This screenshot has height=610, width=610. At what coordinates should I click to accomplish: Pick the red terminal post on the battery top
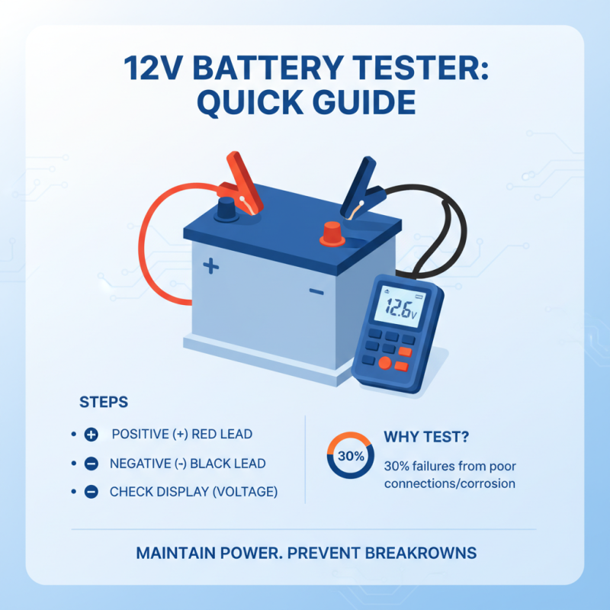pos(332,232)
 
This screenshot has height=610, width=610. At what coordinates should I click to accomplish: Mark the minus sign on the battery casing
pos(316,291)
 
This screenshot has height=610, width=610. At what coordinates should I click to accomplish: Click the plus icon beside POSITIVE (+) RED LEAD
pos(91,435)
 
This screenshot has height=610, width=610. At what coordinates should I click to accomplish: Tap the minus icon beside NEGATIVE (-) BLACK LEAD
pos(91,464)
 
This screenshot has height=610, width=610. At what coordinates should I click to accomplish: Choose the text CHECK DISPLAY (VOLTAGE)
pos(194,492)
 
